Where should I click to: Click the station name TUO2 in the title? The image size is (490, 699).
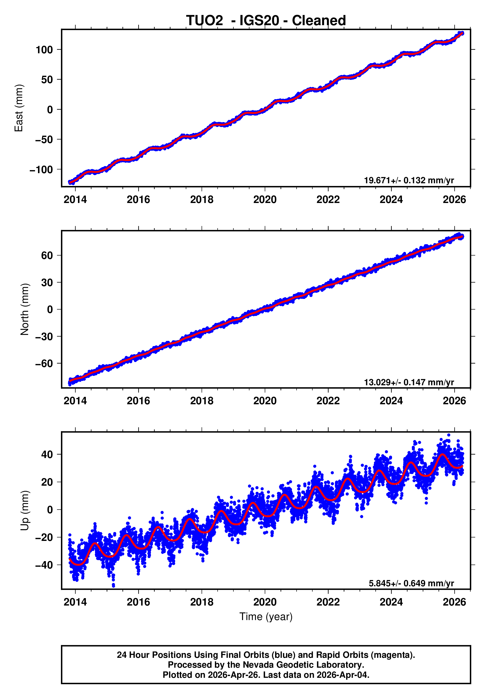coord(204,21)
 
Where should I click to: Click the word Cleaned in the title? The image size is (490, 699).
coord(319,21)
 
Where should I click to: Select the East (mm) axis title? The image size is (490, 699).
coord(19,108)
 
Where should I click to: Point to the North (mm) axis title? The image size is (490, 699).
coord(25,309)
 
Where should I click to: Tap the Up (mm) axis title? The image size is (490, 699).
coord(25,510)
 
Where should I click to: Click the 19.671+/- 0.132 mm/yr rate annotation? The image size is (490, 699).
coord(409,180)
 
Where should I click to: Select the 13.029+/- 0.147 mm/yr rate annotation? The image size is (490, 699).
coord(409,382)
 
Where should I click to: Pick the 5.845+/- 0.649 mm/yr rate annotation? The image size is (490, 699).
coord(411,583)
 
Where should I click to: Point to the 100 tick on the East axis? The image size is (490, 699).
coord(44,50)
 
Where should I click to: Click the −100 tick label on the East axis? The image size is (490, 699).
coord(41,170)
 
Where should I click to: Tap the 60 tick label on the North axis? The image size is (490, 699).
coord(47,256)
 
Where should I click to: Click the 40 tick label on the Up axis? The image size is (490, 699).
coord(47,455)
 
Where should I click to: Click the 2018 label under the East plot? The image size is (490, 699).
coord(202,200)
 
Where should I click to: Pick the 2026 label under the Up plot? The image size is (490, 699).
coord(454,602)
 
